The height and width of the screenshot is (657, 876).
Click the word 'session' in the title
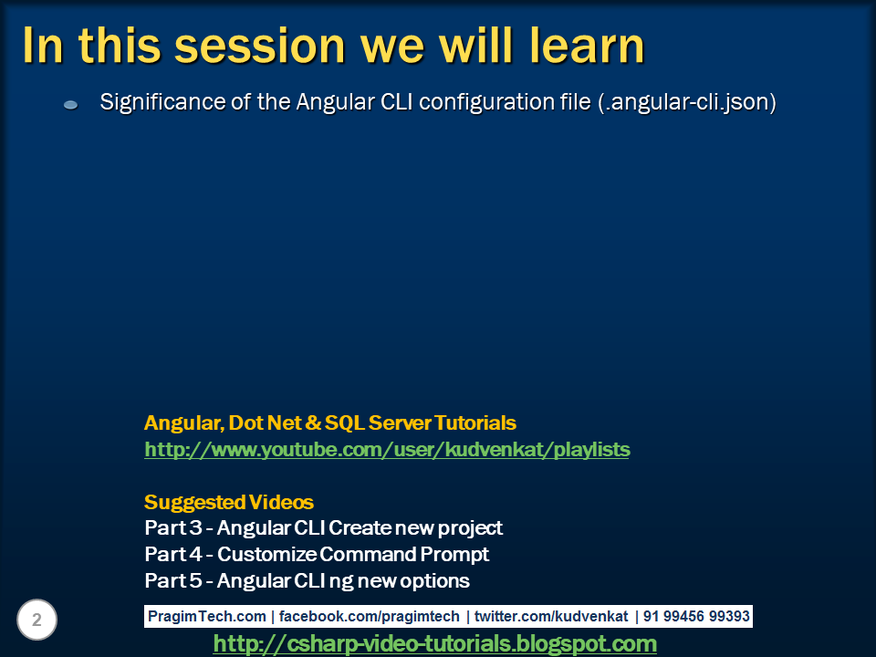tap(260, 47)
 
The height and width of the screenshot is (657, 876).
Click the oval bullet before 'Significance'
tap(71, 104)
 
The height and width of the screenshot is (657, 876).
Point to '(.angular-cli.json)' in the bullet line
tap(687, 102)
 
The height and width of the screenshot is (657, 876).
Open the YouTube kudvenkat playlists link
tap(387, 450)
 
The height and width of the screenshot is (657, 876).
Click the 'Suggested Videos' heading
tap(229, 502)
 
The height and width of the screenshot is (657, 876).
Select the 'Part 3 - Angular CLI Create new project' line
tap(323, 528)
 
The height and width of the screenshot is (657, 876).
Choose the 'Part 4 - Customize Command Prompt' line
tap(317, 554)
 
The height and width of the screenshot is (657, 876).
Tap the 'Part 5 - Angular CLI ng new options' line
tap(307, 581)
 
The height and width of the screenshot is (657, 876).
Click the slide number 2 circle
tap(36, 620)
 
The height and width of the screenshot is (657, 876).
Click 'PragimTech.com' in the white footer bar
tap(207, 616)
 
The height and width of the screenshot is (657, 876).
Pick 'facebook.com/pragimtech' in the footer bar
tap(370, 616)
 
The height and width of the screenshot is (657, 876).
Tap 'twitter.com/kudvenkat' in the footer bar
tap(551, 616)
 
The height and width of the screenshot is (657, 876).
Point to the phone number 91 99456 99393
tap(696, 616)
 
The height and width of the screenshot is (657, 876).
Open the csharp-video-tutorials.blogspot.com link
tap(435, 643)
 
